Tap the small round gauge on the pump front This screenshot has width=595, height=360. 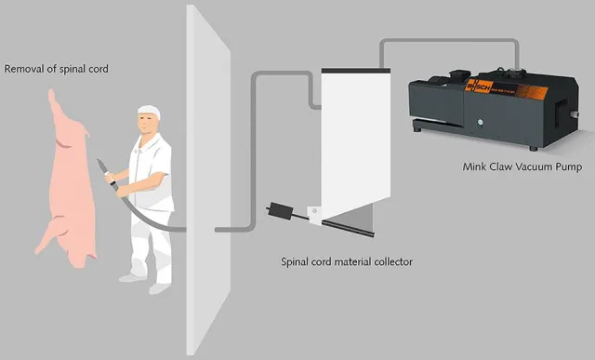click(x=481, y=122)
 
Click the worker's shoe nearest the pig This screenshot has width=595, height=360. click(x=129, y=277)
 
